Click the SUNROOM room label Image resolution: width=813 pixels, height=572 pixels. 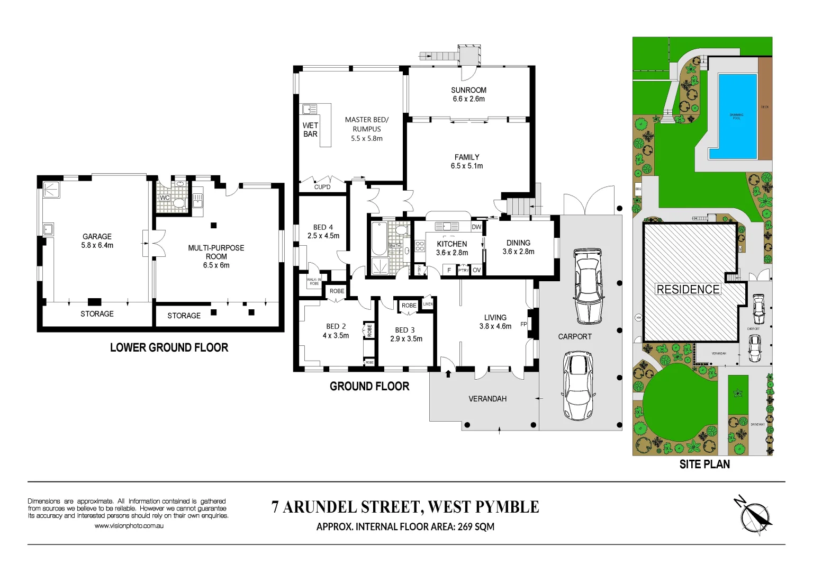(x=468, y=90)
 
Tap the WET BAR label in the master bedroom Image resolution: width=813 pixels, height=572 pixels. (x=310, y=130)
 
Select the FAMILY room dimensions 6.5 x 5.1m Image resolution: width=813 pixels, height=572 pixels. (x=466, y=166)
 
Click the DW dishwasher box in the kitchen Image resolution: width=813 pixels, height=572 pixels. (x=476, y=227)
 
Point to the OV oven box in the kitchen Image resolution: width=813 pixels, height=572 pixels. (x=476, y=270)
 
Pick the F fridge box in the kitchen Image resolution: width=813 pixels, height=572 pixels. (x=449, y=270)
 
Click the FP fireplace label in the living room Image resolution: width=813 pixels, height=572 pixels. (x=523, y=324)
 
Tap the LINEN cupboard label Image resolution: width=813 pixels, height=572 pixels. (x=428, y=304)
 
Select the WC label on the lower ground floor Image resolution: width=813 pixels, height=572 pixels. (x=165, y=198)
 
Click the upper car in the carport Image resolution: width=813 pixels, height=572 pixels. (x=588, y=287)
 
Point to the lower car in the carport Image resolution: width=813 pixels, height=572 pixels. (x=577, y=386)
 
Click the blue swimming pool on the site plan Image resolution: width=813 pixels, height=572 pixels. (x=737, y=116)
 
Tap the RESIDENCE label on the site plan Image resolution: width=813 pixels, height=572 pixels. (x=688, y=289)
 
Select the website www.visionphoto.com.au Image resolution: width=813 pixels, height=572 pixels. (x=129, y=526)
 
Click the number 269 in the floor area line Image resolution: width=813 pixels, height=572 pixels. (x=465, y=526)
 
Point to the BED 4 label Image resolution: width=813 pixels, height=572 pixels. (x=323, y=227)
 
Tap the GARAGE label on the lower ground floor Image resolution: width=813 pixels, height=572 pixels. (x=97, y=237)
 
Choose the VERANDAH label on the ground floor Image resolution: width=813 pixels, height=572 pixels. (x=487, y=399)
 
